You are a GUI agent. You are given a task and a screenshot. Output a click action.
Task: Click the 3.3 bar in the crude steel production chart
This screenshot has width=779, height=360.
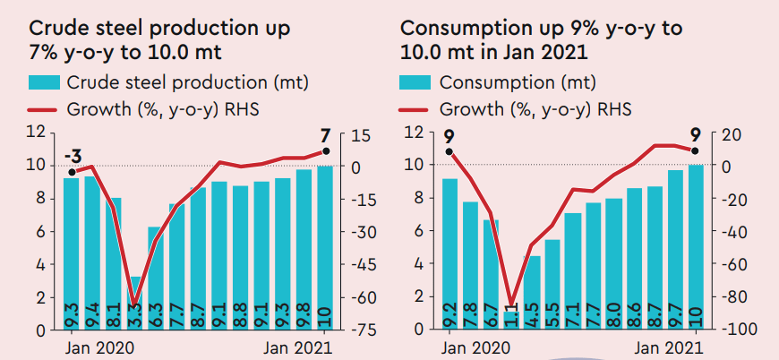pyautogui.click(x=135, y=304)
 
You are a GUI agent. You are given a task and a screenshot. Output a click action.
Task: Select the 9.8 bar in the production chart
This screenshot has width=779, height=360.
pyautogui.click(x=304, y=251)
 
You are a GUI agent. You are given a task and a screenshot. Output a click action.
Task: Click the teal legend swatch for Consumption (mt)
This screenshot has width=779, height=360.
pyautogui.click(x=415, y=83)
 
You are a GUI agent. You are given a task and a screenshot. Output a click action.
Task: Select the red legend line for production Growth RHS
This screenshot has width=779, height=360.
pyautogui.click(x=43, y=110)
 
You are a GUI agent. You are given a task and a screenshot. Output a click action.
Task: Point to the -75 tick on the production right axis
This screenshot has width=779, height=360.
pyautogui.click(x=363, y=330)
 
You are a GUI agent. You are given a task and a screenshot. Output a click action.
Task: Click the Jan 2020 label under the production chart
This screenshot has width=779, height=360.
pyautogui.click(x=98, y=347)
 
